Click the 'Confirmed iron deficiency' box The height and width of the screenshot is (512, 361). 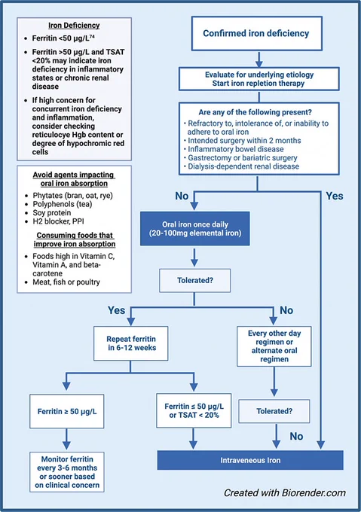[257, 33]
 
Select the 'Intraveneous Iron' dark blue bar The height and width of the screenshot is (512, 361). [250, 460]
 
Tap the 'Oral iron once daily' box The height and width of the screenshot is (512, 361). [195, 229]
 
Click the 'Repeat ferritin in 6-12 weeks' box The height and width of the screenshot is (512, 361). [131, 343]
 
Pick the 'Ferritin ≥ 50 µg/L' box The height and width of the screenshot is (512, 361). [67, 411]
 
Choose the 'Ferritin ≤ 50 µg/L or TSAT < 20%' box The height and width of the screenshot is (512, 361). [194, 410]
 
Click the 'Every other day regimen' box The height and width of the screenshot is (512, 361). [274, 346]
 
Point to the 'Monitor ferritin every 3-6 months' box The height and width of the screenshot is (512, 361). [67, 472]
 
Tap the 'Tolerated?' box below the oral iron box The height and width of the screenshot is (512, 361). [195, 281]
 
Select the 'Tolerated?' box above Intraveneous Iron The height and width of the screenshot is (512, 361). [274, 411]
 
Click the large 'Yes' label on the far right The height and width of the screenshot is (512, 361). [335, 196]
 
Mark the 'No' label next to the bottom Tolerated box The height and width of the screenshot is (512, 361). [296, 436]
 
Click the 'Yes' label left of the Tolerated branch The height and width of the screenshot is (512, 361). [116, 310]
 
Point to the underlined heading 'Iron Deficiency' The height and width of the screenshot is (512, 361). [74, 26]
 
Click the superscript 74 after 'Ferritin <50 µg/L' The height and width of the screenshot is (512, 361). [92, 37]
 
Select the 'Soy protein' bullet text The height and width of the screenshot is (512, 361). [51, 213]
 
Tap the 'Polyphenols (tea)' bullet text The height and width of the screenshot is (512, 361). [63, 204]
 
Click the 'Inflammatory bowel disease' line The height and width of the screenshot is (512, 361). [236, 149]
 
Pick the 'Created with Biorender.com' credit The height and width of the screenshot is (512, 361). [285, 492]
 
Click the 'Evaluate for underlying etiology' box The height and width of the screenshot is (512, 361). [259, 79]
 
